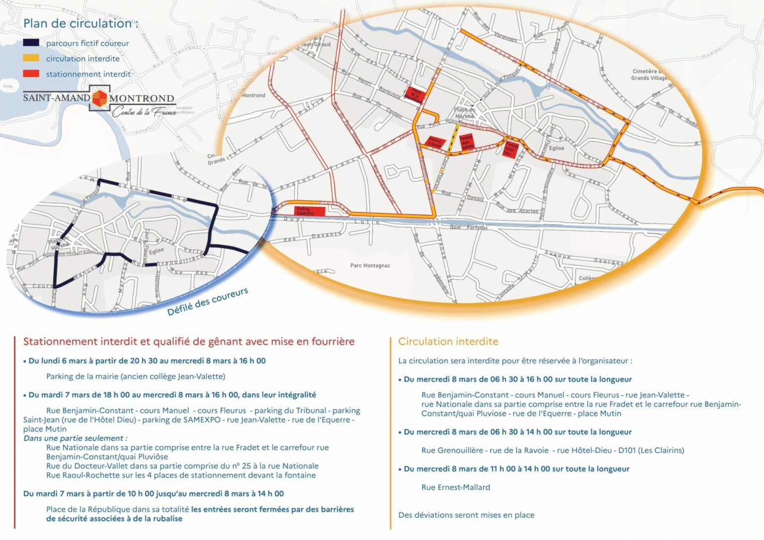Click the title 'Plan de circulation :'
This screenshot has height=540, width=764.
pos(81,23)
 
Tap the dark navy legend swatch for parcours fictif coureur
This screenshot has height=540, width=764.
pos(31,43)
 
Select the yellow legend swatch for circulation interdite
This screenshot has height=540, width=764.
pos(31,58)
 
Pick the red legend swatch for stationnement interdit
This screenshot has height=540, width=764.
pos(31,74)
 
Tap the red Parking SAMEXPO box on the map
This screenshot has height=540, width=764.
pos(310,211)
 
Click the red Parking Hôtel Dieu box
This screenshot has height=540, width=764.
pos(511,149)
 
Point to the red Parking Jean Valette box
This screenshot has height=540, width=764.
pos(467,142)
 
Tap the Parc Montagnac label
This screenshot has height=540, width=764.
pos(370,266)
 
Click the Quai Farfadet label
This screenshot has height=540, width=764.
pos(469,227)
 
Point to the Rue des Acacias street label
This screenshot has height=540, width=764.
pos(517,209)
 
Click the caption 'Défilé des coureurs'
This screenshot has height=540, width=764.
pos(207,301)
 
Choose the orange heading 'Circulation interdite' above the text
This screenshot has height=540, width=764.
pos(448,342)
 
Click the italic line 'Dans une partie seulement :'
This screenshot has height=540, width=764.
pos(75,438)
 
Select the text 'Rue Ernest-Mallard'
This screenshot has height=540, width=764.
pos(456,487)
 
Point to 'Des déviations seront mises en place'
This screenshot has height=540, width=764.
pos(466,515)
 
